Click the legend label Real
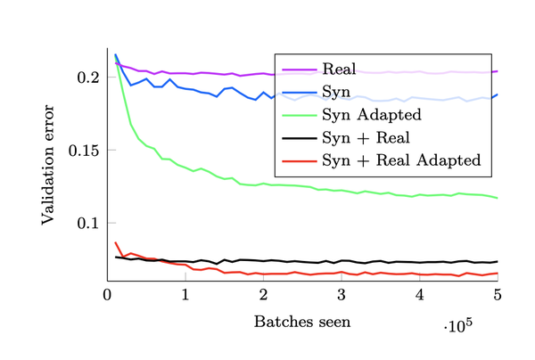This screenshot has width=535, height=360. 340,69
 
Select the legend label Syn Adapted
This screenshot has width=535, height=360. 371,114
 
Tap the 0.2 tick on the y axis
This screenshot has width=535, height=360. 88,78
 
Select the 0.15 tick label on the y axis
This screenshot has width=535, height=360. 84,150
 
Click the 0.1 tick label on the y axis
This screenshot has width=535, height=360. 88,222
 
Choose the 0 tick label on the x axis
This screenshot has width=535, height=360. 108,294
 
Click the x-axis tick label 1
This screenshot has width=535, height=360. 185,294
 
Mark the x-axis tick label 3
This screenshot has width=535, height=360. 342,294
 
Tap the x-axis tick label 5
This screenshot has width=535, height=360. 497,294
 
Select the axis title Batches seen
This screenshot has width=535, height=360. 302,321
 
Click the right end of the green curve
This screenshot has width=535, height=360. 497,198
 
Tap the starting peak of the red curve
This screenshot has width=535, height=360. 116,242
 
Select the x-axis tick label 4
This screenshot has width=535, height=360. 419,294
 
